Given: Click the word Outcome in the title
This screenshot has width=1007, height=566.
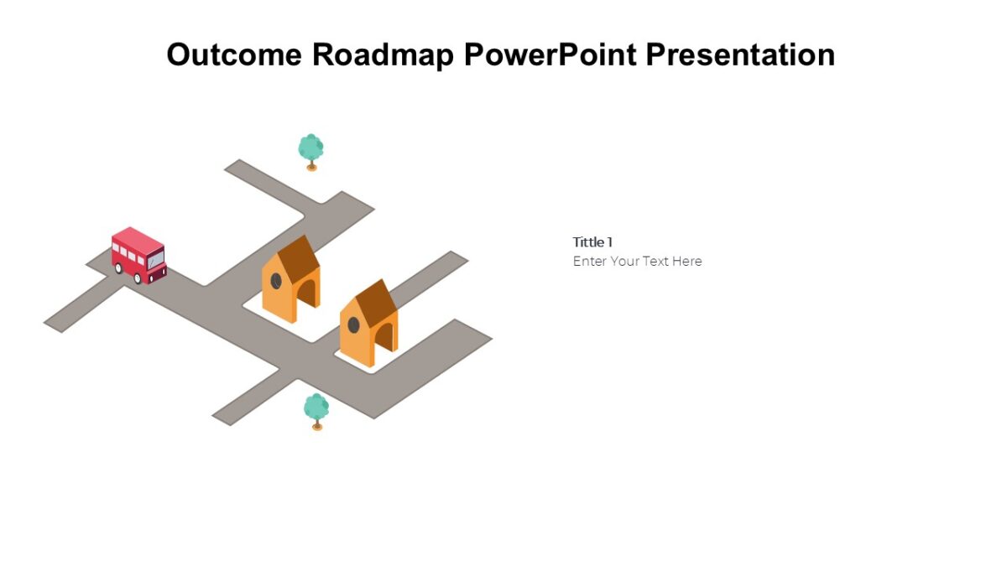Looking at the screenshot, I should tap(233, 55).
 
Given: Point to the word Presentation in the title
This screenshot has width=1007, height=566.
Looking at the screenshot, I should tap(740, 55).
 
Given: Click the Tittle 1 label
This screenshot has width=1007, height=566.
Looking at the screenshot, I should tap(592, 242).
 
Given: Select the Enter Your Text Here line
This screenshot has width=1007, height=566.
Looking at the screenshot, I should tap(637, 262).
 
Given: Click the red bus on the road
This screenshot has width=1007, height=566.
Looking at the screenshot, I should tap(138, 255).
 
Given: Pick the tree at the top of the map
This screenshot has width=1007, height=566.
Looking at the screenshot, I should tap(310, 149).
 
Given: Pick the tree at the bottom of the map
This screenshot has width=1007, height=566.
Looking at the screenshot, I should tap(316, 408).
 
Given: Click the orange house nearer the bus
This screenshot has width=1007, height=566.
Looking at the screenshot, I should tap(290, 282).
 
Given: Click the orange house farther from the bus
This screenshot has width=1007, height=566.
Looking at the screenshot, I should tap(368, 325).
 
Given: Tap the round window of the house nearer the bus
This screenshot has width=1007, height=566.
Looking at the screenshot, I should tap(275, 280).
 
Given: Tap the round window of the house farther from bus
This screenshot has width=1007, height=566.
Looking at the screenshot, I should tap(353, 324).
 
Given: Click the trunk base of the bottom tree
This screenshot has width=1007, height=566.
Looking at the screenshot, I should tap(316, 428).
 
